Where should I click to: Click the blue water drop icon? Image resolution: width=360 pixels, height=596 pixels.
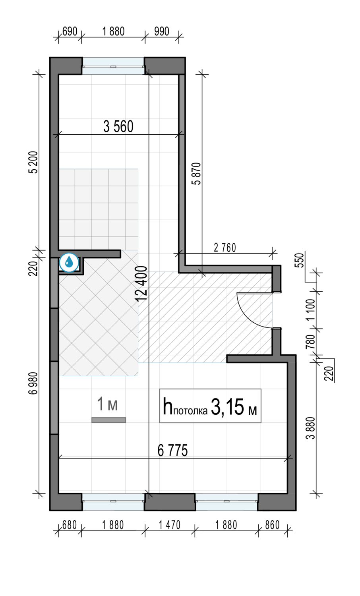pyautogui.click(x=69, y=262)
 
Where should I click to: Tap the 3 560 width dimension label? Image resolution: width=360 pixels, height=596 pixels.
pyautogui.click(x=118, y=127)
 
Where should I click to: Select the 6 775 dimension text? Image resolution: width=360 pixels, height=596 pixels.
pyautogui.click(x=173, y=451)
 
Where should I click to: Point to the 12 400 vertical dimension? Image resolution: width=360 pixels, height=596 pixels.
pyautogui.click(x=141, y=283)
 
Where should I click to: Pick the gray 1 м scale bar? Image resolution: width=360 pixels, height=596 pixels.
pyautogui.click(x=108, y=420)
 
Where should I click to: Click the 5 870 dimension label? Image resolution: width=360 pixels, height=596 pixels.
pyautogui.click(x=197, y=174)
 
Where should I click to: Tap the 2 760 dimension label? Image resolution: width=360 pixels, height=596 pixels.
pyautogui.click(x=225, y=248)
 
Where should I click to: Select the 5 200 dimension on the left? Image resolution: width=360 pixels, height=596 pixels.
pyautogui.click(x=34, y=162)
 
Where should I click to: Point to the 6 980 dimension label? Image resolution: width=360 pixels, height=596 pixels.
pyautogui.click(x=34, y=383)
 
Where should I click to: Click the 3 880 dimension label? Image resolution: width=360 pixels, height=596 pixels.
pyautogui.click(x=310, y=428)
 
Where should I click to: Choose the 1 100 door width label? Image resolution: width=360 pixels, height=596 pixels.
pyautogui.click(x=310, y=310)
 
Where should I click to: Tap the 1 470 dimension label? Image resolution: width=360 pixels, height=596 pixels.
pyautogui.click(x=170, y=525)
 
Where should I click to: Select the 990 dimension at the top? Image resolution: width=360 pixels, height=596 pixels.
pyautogui.click(x=161, y=31)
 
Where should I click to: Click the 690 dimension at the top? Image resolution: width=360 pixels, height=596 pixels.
pyautogui.click(x=70, y=31)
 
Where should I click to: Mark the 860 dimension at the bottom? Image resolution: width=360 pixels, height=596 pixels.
pyautogui.click(x=272, y=525)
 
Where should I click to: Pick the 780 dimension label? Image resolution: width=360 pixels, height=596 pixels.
pyautogui.click(x=310, y=342)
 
